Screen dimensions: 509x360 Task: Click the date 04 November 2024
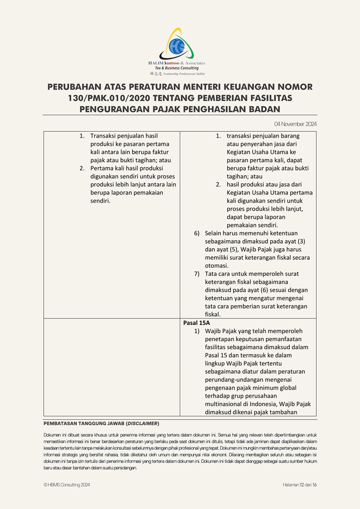point(295,124)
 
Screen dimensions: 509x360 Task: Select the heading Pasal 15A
point(197,323)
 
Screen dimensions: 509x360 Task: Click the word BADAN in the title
point(261,108)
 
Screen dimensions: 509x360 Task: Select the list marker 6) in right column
point(197,233)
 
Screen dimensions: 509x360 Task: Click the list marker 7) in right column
point(197,274)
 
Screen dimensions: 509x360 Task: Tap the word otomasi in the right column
point(216,266)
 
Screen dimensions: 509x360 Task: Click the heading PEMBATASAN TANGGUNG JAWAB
point(84,423)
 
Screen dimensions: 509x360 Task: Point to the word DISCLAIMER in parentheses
point(143,423)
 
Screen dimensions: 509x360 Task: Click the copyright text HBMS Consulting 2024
point(69,485)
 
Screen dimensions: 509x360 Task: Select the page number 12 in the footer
point(302,485)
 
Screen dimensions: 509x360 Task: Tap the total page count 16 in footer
point(314,485)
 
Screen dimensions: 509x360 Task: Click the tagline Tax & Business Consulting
point(177,68)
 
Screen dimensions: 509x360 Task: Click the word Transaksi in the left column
point(105,136)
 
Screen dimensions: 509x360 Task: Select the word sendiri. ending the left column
point(100,201)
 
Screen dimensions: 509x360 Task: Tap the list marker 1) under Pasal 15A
point(197,331)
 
